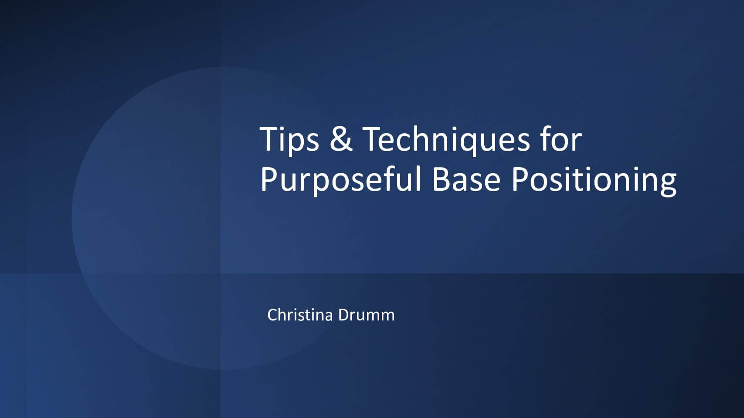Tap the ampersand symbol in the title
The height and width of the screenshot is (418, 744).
tap(341, 139)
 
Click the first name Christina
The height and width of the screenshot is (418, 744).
tap(300, 315)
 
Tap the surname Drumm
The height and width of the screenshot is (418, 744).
tap(367, 315)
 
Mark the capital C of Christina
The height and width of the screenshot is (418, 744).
tap(273, 315)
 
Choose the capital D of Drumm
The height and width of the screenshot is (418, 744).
tap(344, 315)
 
